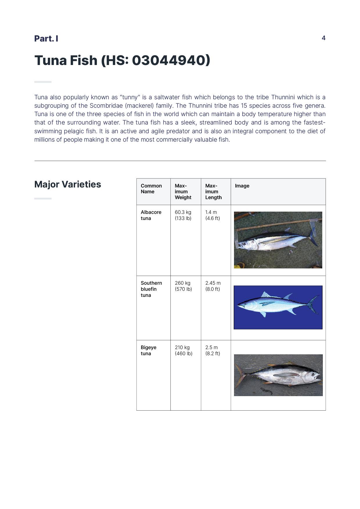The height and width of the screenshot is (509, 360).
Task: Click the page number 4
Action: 323,38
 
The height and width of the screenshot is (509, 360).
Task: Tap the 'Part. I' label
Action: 46,39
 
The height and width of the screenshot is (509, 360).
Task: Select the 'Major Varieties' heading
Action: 68,184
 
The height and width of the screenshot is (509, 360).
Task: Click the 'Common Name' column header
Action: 151,189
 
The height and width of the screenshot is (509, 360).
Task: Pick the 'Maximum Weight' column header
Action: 183,192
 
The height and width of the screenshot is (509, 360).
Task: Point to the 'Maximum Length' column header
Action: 213,192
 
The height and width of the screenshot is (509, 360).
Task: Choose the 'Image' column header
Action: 242,186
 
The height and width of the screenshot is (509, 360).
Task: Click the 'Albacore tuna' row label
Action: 151,215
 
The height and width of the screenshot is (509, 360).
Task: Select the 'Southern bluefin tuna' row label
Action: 151,289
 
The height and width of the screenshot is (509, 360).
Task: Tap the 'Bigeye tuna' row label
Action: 149,350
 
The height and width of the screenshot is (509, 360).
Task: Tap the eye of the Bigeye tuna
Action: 314,374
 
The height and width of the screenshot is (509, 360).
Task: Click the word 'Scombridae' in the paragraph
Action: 106,106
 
